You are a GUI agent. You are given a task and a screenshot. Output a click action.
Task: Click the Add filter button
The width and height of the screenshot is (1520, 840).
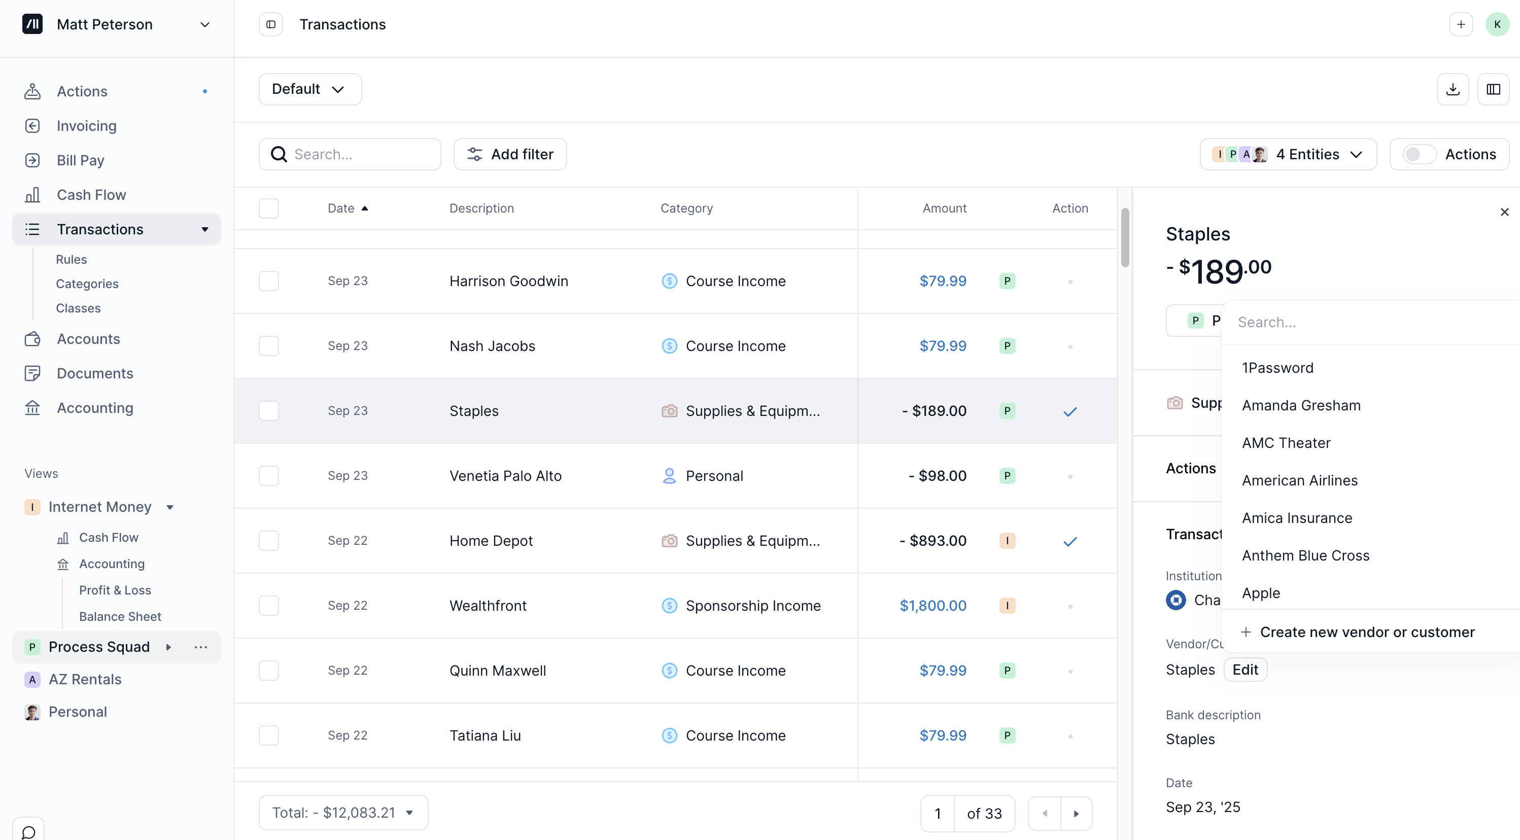point(510,154)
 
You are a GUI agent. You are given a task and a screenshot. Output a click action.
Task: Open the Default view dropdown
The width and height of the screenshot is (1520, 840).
point(309,89)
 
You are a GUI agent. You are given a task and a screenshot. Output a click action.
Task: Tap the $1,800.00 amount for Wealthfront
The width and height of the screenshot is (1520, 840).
point(932,605)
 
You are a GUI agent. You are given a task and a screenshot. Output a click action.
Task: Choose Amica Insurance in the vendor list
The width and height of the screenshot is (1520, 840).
point(1297,518)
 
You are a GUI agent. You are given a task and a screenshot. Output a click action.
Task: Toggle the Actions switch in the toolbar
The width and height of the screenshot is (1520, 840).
point(1419,154)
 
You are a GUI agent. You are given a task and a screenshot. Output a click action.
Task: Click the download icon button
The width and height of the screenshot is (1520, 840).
point(1453,89)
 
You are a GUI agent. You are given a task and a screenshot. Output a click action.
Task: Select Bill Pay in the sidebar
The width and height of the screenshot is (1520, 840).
point(80,160)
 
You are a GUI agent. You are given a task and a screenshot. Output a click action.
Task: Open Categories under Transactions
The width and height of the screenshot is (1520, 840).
point(87,284)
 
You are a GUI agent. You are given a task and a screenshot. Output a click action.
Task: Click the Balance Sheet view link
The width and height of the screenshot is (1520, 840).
point(120,616)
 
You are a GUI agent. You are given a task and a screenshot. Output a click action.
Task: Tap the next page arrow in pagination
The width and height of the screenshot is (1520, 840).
point(1076,814)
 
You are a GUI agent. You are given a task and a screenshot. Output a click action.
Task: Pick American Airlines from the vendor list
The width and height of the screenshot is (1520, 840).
point(1299,480)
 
